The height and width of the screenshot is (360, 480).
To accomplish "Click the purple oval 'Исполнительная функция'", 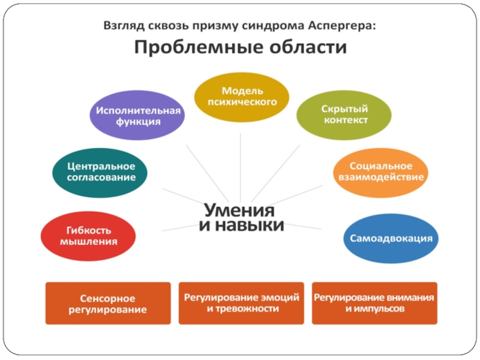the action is [136, 116].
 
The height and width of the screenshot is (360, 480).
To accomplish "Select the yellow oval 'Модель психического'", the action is [242, 96].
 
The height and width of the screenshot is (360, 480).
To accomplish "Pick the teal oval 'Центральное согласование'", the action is [101, 172].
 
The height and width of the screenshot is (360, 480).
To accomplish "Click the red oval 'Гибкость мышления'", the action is [88, 236].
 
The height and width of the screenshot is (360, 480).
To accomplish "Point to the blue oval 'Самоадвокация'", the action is [391, 238].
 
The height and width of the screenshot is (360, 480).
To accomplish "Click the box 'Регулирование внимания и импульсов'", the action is [374, 303].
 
